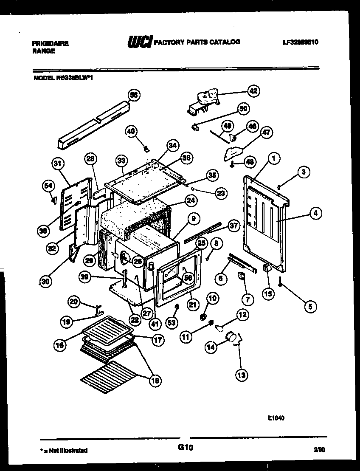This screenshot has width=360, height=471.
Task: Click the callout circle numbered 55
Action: [134, 96]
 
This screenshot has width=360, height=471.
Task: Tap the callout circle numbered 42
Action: [253, 91]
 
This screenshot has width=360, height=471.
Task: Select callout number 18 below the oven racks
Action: [155, 381]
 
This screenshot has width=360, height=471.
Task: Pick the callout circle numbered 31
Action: [58, 163]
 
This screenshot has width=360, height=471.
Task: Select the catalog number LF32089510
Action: [300, 42]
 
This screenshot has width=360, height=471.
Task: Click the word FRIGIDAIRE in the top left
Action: [50, 43]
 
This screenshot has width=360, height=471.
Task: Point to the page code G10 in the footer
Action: [185, 447]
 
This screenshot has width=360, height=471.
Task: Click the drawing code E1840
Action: [276, 418]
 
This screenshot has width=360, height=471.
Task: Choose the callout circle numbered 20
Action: [75, 301]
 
